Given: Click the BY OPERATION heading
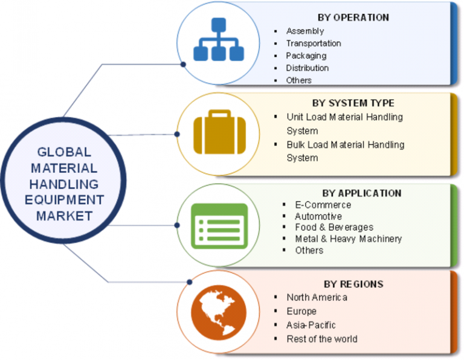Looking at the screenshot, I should (x=353, y=17).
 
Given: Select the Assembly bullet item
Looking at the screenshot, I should (x=304, y=31).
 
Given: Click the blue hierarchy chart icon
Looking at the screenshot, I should (x=218, y=40).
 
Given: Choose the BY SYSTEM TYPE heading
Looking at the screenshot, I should (x=353, y=103).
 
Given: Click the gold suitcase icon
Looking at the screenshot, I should (x=219, y=133).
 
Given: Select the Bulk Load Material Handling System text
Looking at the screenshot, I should (x=345, y=151).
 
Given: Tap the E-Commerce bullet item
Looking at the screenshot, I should (x=323, y=205).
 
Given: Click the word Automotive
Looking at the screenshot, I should (x=318, y=216).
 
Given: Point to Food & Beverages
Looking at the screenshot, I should (x=333, y=227).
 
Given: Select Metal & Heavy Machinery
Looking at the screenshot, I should (x=348, y=239).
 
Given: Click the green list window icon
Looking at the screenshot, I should (x=219, y=225).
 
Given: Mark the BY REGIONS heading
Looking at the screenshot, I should (x=354, y=284).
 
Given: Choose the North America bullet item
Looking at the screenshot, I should (x=317, y=297).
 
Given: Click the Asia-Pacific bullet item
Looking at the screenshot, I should (x=311, y=325).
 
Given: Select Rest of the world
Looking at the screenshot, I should (x=321, y=339).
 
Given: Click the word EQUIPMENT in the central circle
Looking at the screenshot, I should (x=63, y=200).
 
